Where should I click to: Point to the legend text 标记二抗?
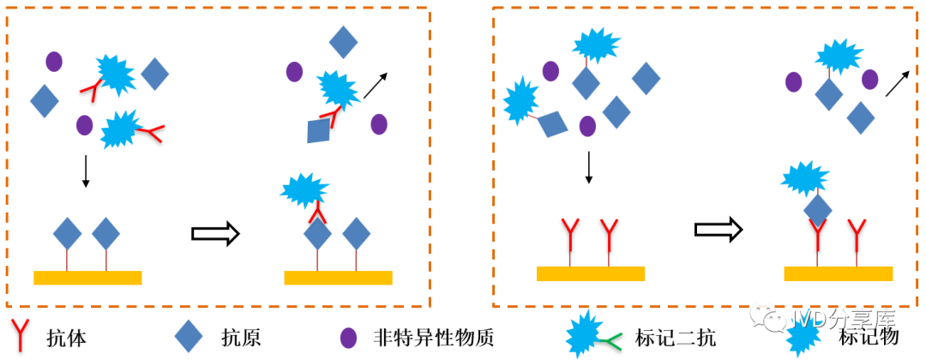[675, 337]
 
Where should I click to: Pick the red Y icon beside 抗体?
[21, 336]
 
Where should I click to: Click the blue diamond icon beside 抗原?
[188, 336]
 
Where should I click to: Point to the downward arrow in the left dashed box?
[85, 171]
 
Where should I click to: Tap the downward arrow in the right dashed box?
[588, 166]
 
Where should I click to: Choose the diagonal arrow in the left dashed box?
[376, 85]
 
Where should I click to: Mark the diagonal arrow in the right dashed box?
[897, 82]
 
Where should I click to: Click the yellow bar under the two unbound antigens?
[87, 277]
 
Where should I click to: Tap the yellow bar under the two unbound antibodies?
[591, 273]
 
